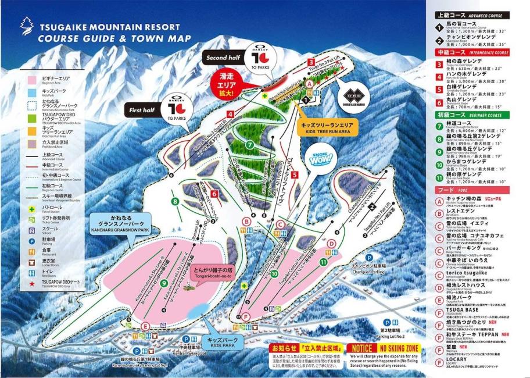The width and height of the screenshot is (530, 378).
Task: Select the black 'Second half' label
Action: (x=223, y=58)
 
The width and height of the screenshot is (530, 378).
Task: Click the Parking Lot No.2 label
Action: (x=391, y=336)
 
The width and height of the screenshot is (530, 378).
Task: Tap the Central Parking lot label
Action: (x=188, y=352)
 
